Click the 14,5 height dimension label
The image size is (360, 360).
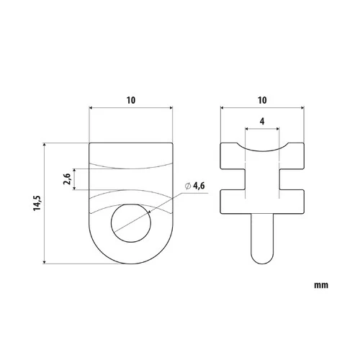pyautogui.click(x=37, y=203)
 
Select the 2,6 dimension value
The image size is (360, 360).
pyautogui.click(x=67, y=179)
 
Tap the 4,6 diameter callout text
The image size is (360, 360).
pyautogui.click(x=199, y=186)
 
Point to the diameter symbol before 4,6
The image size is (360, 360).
pyautogui.click(x=188, y=186)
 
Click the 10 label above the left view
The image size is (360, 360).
pyautogui.click(x=131, y=100)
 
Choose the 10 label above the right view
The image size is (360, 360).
pyautogui.click(x=262, y=100)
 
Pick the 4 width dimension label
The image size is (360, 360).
pyautogui.click(x=262, y=122)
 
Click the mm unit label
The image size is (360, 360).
pyautogui.click(x=321, y=285)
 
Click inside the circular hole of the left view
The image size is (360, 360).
pyautogui.click(x=131, y=223)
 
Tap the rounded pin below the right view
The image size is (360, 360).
pyautogui.click(x=262, y=239)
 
